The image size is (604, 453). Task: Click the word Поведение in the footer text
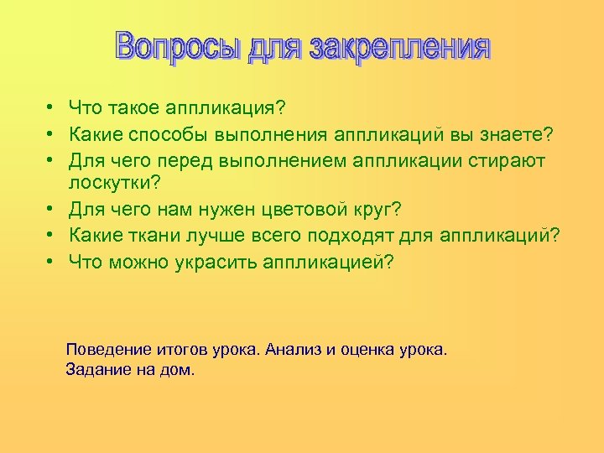coord(108,349)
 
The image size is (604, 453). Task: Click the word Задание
coord(96,369)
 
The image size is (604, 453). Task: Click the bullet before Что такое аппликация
coord(50,108)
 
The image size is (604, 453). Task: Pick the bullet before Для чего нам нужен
coord(50,210)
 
